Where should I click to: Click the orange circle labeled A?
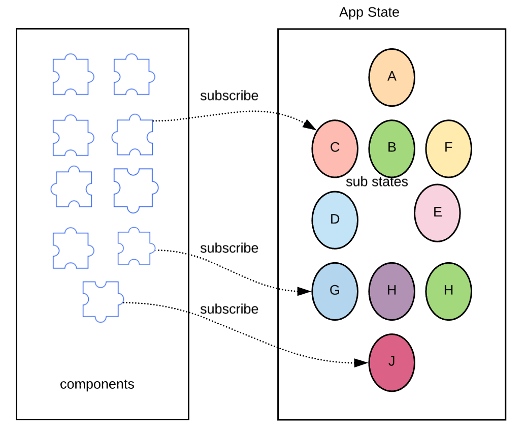click(x=391, y=77)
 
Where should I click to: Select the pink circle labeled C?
click(x=335, y=148)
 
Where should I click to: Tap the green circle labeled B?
click(x=391, y=148)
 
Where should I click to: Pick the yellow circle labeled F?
click(x=448, y=148)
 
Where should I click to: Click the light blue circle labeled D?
click(x=335, y=220)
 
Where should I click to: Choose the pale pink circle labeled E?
click(x=437, y=212)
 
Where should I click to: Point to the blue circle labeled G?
click(x=335, y=291)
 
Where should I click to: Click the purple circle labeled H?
click(x=391, y=291)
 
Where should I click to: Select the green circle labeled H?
click(x=448, y=291)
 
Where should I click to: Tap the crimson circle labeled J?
click(x=391, y=362)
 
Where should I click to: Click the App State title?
click(x=369, y=12)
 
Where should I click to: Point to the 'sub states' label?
click(x=377, y=182)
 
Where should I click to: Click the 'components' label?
click(x=97, y=384)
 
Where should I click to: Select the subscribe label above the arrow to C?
click(x=229, y=96)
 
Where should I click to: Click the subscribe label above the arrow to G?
click(x=229, y=248)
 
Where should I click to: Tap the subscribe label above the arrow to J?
click(x=229, y=309)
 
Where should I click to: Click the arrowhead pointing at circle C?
click(x=309, y=125)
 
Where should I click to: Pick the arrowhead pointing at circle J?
click(x=360, y=363)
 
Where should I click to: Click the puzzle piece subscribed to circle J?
click(x=102, y=301)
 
